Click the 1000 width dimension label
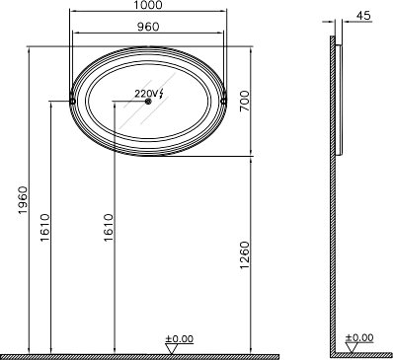click(x=148, y=5)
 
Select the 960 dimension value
click(x=148, y=27)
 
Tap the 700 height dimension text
click(x=245, y=101)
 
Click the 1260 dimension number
click(x=245, y=255)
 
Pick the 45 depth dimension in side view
click(x=363, y=16)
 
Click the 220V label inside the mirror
click(x=144, y=94)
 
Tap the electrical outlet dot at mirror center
click(x=148, y=102)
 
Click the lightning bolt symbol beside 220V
click(x=161, y=94)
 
